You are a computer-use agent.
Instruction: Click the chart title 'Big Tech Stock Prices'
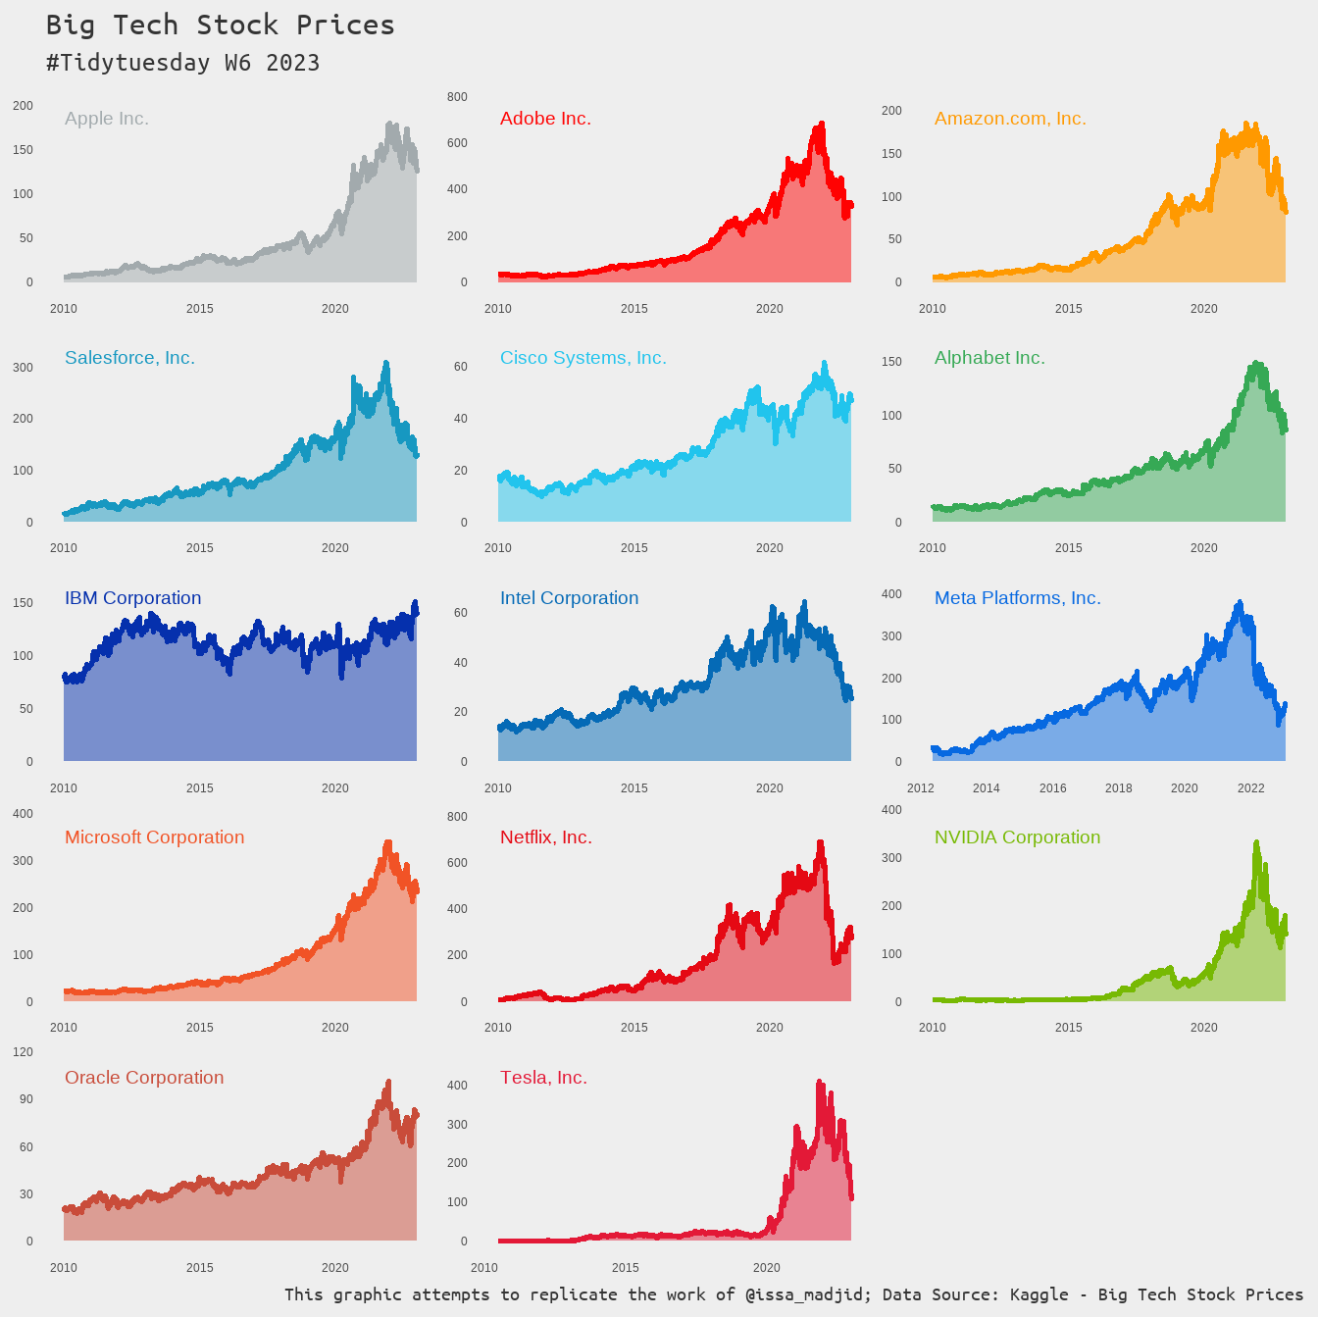point(220,25)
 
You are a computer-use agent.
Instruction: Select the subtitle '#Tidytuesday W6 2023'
point(182,63)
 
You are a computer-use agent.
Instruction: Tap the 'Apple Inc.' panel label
point(106,119)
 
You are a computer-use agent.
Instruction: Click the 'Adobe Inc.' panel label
point(545,119)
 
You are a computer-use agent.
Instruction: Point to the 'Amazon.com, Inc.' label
point(1010,119)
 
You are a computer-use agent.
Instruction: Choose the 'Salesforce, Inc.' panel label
point(129,358)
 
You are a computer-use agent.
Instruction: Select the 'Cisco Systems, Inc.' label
point(583,358)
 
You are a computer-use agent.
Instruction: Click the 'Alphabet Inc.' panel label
point(989,358)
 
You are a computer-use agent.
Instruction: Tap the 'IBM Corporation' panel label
point(132,598)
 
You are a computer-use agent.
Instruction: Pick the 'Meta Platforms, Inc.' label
point(1017,598)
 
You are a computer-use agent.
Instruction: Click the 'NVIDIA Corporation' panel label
point(1017,837)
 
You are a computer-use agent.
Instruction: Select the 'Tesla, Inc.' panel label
point(543,1078)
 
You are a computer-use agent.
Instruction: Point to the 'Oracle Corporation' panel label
point(144,1078)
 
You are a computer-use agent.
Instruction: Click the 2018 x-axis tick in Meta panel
point(1118,788)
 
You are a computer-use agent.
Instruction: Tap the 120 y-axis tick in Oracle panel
point(22,1052)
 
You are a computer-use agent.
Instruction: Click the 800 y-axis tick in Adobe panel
point(457,97)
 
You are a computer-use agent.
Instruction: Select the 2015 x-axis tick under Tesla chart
point(626,1268)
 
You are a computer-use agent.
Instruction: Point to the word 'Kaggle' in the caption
point(1039,1294)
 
